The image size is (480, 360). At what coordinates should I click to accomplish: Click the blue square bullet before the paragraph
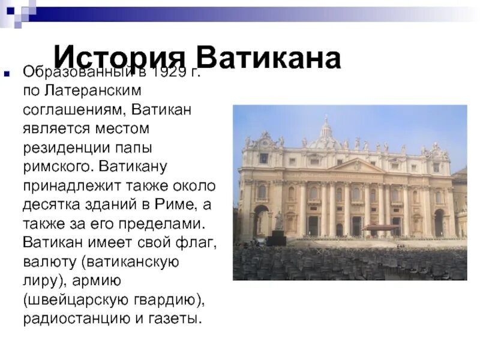(7, 74)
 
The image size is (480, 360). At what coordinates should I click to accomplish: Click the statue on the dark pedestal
(278, 221)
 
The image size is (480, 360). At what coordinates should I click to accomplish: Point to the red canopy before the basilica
(379, 227)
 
